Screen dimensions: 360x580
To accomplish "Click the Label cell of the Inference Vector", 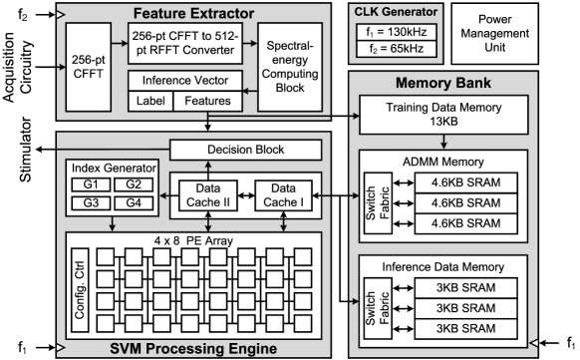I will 149,101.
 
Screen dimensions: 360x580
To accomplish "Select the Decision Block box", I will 244,150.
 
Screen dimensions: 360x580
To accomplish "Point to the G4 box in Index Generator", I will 132,202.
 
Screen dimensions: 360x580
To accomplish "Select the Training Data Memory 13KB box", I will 456,116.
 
